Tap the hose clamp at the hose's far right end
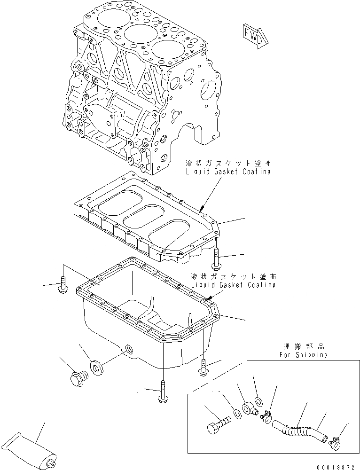point(335,441)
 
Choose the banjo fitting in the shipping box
point(249,408)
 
